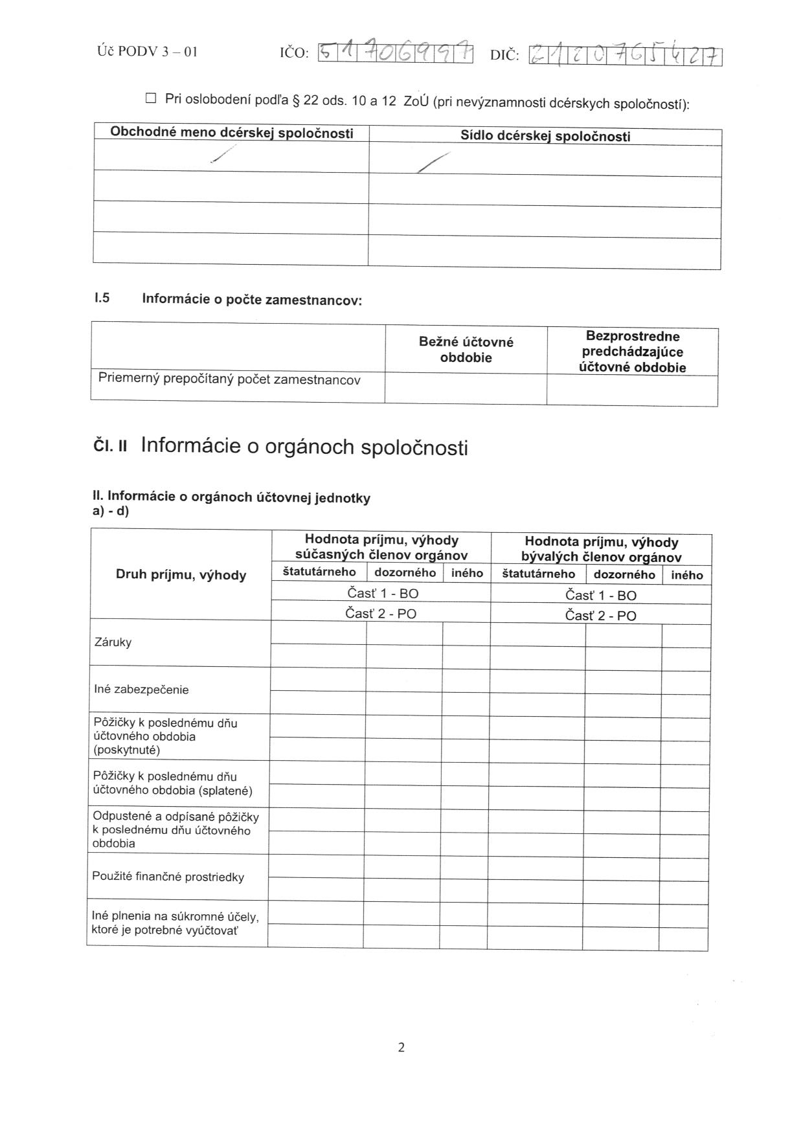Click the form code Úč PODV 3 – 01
click(x=147, y=51)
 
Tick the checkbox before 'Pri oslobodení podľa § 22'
click(x=151, y=98)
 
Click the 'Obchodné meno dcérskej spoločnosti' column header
click(x=232, y=133)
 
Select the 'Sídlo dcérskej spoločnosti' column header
click(x=545, y=136)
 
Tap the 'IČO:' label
click(x=294, y=53)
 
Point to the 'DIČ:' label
click(x=504, y=56)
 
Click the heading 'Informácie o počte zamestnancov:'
click(x=252, y=300)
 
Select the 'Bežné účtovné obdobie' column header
click(x=466, y=350)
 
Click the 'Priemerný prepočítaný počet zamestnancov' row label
click(x=229, y=379)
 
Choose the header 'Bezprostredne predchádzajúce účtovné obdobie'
click(x=632, y=352)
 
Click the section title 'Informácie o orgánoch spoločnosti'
click(x=304, y=447)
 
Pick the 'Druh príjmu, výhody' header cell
click(x=181, y=575)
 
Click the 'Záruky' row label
click(x=113, y=642)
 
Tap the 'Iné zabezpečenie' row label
click(x=141, y=690)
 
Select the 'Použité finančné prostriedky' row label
click(x=168, y=877)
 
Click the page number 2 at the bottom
click(x=401, y=1047)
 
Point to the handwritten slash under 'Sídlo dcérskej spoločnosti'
click(x=433, y=162)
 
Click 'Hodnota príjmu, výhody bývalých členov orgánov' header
click(x=601, y=550)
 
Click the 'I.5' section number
click(x=102, y=298)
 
